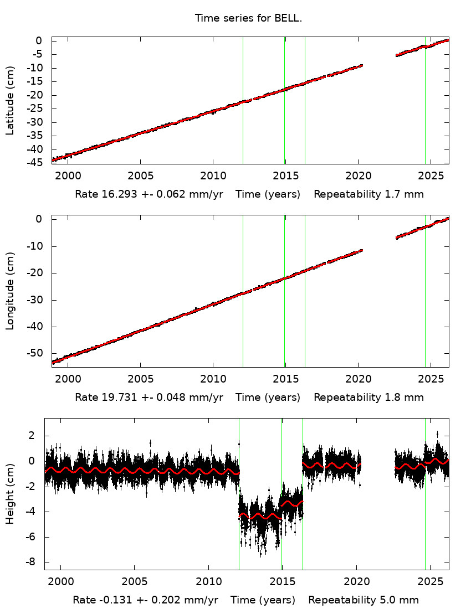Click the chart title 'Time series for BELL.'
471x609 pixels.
pos(248,18)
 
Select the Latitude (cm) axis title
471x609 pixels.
pos(10,100)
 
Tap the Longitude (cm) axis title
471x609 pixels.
pos(10,291)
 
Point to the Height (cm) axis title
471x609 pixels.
pos(10,494)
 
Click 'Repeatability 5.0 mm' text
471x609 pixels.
pos(364,600)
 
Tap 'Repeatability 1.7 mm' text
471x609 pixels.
pos(368,195)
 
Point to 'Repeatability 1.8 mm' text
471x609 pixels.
pos(368,398)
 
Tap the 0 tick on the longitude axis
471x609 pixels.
pos(39,219)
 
